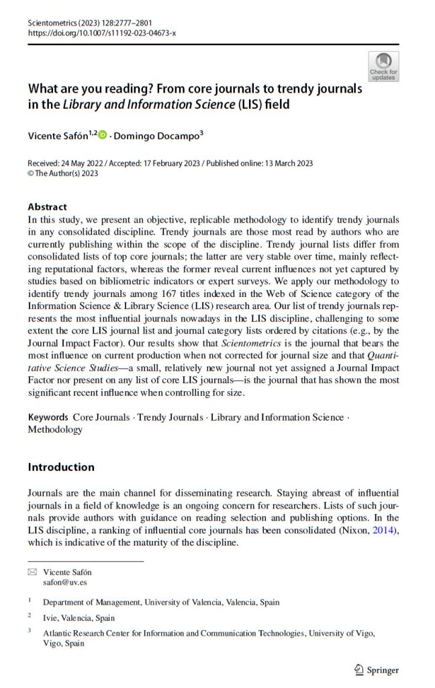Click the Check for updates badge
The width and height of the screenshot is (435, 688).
click(x=383, y=67)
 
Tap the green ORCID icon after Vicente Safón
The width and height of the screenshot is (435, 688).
click(x=103, y=135)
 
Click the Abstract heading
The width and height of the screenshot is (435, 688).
click(x=47, y=207)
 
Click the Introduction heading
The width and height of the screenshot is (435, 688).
click(x=61, y=467)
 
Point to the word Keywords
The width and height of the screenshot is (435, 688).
click(x=48, y=417)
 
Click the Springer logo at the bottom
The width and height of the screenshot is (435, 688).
click(x=376, y=669)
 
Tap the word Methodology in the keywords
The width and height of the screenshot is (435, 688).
click(x=55, y=429)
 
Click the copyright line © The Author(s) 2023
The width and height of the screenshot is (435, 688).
click(x=63, y=173)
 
